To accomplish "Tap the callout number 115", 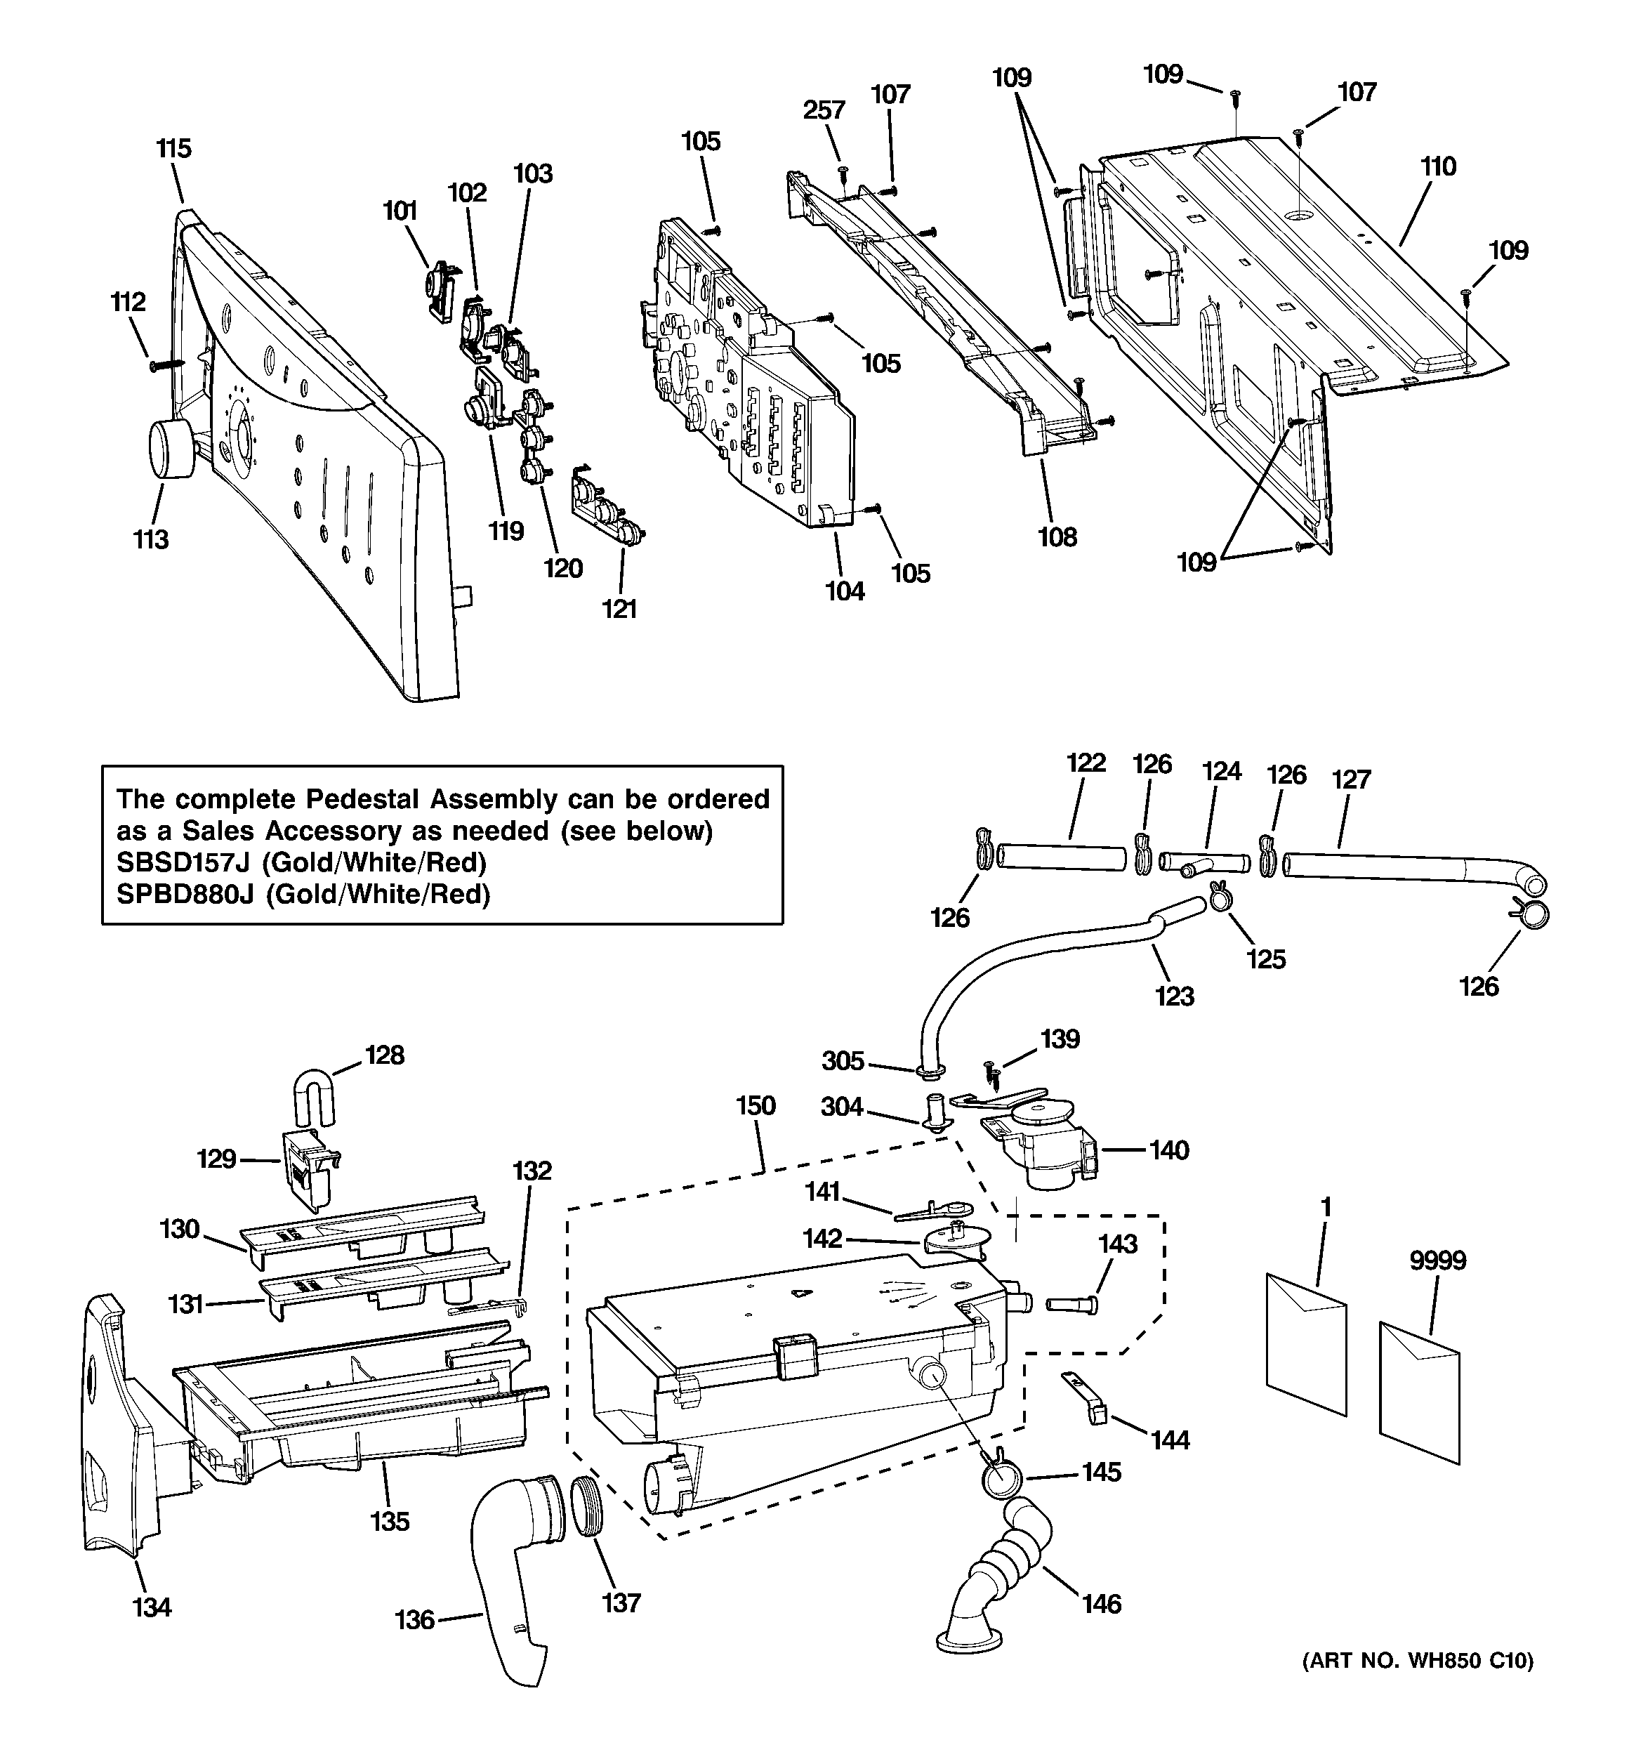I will [174, 149].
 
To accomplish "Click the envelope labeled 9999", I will [1418, 1393].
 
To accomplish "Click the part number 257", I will [824, 110].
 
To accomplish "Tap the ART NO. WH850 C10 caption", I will [1418, 1685].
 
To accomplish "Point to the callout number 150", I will [756, 1106].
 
